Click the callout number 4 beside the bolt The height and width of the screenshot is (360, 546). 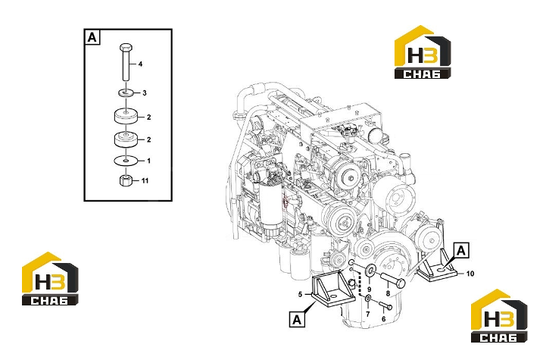click(140, 64)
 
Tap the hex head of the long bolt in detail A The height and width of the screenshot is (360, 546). click(126, 47)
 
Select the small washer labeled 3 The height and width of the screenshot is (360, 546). click(126, 93)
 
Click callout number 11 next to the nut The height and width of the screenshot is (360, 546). click(145, 180)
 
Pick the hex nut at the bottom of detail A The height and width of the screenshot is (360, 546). click(126, 180)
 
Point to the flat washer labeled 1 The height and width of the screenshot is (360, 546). click(126, 161)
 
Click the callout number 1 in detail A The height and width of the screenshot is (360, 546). click(148, 161)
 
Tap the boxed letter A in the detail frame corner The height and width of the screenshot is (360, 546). click(92, 37)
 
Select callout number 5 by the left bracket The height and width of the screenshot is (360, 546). click(300, 295)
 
